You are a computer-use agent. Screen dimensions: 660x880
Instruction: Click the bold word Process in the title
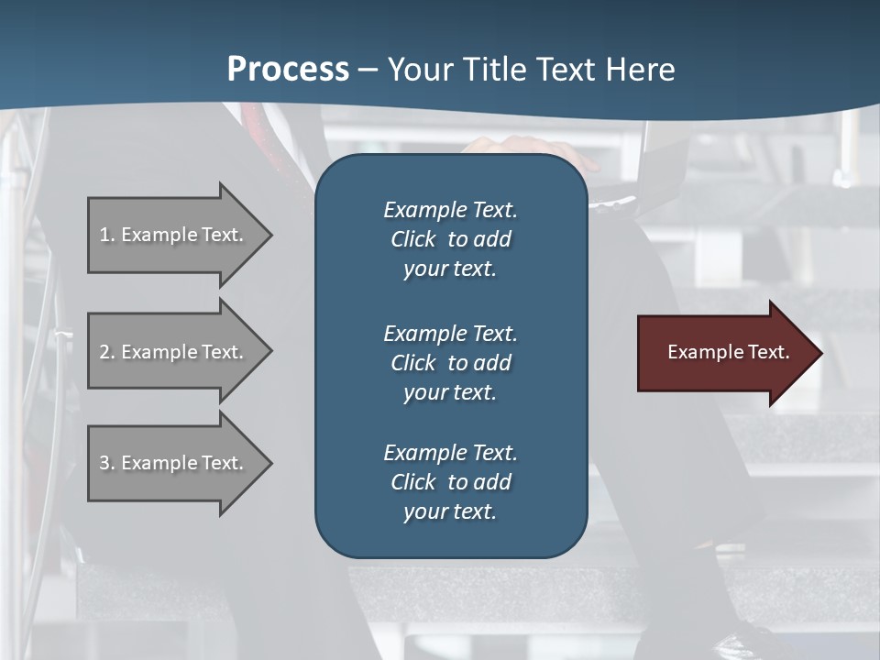288,70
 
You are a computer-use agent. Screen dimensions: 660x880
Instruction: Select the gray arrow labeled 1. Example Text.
174,235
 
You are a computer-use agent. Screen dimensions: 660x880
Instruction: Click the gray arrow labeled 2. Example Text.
174,352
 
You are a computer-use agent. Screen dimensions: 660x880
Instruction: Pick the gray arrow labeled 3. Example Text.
174,463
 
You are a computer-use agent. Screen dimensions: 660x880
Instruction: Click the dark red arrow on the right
724,353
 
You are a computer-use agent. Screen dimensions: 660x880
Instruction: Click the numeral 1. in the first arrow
106,235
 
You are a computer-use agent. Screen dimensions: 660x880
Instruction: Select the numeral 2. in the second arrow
106,352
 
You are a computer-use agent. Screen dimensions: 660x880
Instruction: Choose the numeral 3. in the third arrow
106,463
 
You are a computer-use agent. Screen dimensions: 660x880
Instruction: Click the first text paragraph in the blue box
450,239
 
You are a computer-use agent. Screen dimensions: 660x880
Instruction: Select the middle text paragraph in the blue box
450,362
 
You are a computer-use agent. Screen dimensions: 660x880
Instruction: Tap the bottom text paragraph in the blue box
450,482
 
